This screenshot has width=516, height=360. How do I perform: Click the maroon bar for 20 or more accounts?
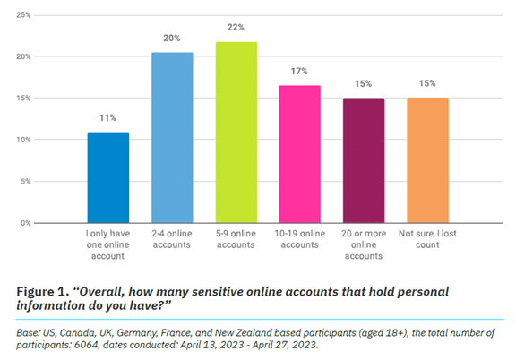[x=363, y=160]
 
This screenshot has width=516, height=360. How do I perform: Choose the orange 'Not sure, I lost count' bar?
[x=426, y=160]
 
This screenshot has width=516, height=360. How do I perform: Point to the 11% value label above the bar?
[x=107, y=117]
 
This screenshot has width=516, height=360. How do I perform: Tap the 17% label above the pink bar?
[x=298, y=71]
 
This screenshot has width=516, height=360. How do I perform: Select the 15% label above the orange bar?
[x=426, y=83]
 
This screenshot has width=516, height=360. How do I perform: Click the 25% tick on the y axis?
[x=22, y=15]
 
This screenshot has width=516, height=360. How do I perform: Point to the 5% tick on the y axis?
[x=25, y=181]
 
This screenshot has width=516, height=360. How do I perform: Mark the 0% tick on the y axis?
[x=25, y=222]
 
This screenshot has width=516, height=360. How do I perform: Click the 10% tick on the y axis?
[x=22, y=140]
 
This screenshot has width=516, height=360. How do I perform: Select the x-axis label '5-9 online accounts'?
[x=235, y=238]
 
